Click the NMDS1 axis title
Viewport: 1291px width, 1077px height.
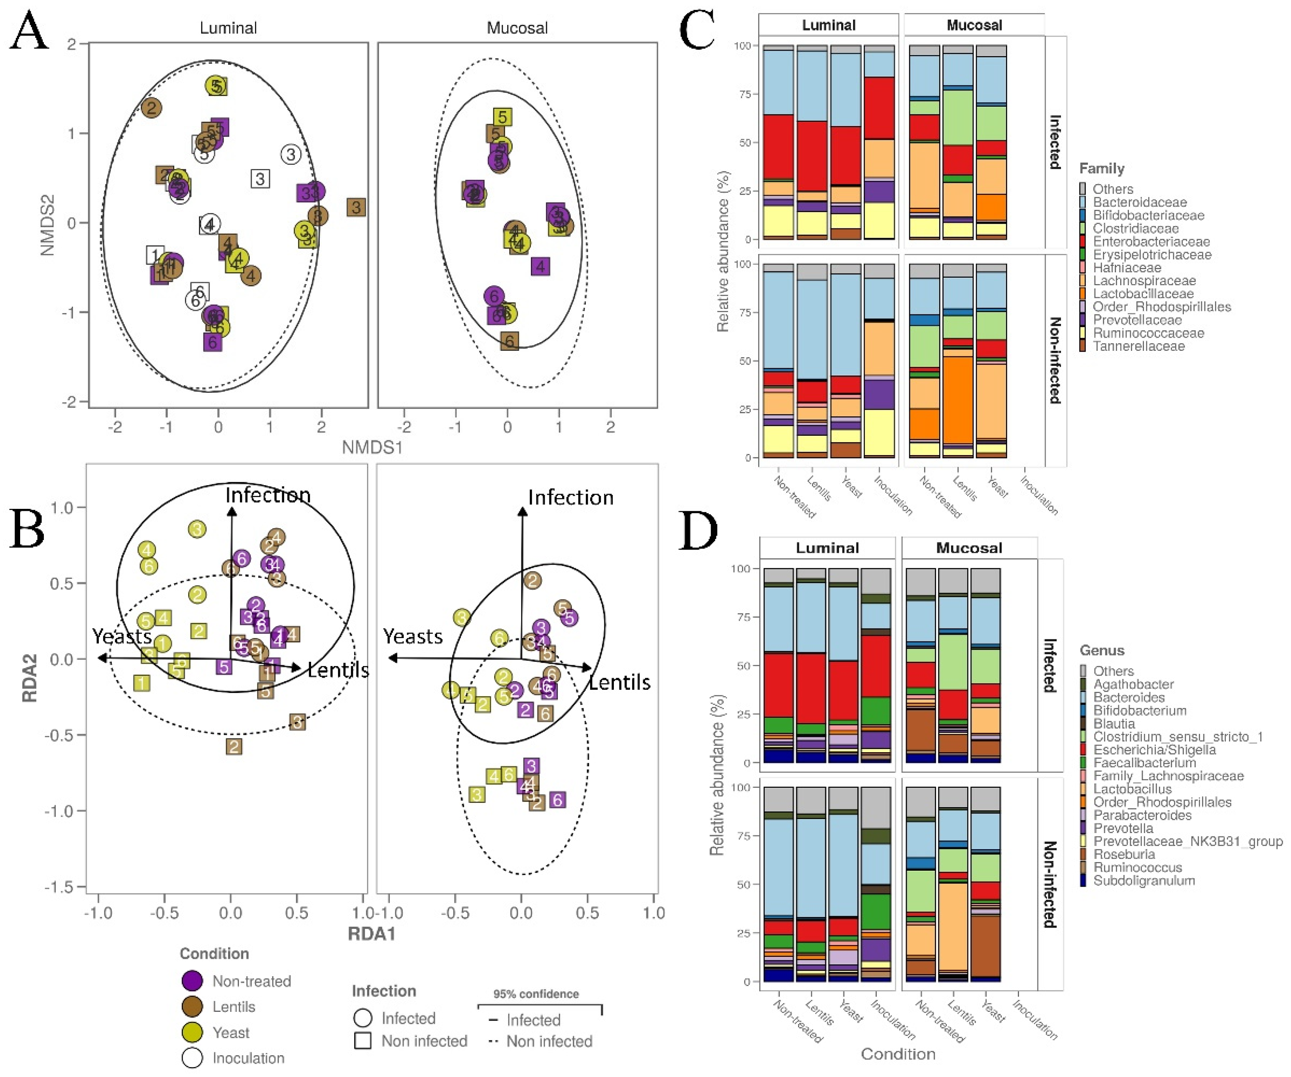coord(372,447)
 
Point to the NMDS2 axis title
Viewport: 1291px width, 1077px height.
coord(48,225)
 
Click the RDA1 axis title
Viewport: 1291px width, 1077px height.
coord(371,934)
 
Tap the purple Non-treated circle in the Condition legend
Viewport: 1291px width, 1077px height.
coord(193,981)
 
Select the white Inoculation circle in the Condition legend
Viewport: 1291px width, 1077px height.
coord(193,1058)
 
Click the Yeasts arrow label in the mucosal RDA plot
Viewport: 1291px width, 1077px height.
coord(413,636)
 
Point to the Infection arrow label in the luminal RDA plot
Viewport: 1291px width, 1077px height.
coord(268,495)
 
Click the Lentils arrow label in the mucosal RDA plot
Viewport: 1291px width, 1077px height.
coord(619,683)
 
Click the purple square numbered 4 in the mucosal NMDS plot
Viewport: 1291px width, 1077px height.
coord(540,267)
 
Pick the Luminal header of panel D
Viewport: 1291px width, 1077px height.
coord(827,548)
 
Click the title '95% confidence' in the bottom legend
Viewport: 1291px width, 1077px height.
coord(536,994)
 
